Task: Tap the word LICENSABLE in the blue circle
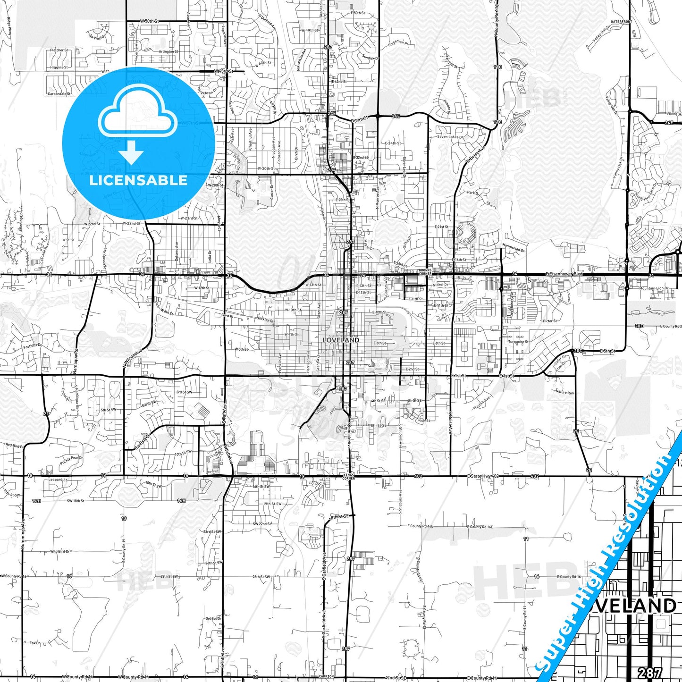[138, 180]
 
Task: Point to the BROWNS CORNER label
[425, 272]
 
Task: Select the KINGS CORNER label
[349, 477]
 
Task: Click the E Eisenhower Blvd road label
[564, 274]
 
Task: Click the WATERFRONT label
[621, 22]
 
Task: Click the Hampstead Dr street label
[514, 247]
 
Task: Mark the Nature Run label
[564, 392]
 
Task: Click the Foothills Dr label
[33, 346]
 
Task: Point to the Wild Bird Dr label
[60, 551]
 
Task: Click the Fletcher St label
[59, 50]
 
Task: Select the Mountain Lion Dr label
[654, 288]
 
